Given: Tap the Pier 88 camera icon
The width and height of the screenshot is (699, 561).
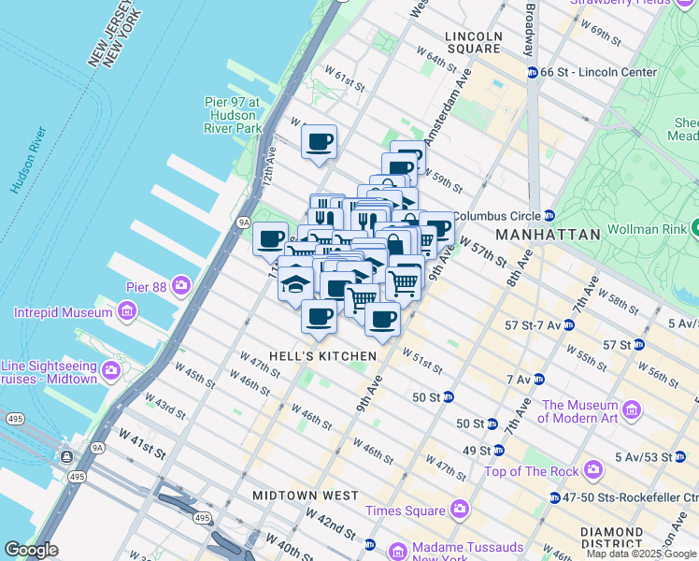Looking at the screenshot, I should (x=179, y=284).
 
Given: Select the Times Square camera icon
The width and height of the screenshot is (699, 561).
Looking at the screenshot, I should (x=459, y=510).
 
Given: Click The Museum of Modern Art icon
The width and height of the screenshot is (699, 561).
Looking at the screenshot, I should (x=632, y=410).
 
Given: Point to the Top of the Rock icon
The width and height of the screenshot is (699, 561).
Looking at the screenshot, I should (x=592, y=469).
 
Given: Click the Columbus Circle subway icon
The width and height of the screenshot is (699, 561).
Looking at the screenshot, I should (x=549, y=215).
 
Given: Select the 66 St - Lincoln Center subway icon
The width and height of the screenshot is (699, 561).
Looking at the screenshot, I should (x=532, y=72).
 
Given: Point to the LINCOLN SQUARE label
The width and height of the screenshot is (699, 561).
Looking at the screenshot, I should (x=474, y=43).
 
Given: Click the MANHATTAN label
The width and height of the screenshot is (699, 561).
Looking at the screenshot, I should (x=548, y=235).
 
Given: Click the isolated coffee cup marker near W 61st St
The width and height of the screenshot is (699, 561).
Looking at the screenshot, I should (x=320, y=142).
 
